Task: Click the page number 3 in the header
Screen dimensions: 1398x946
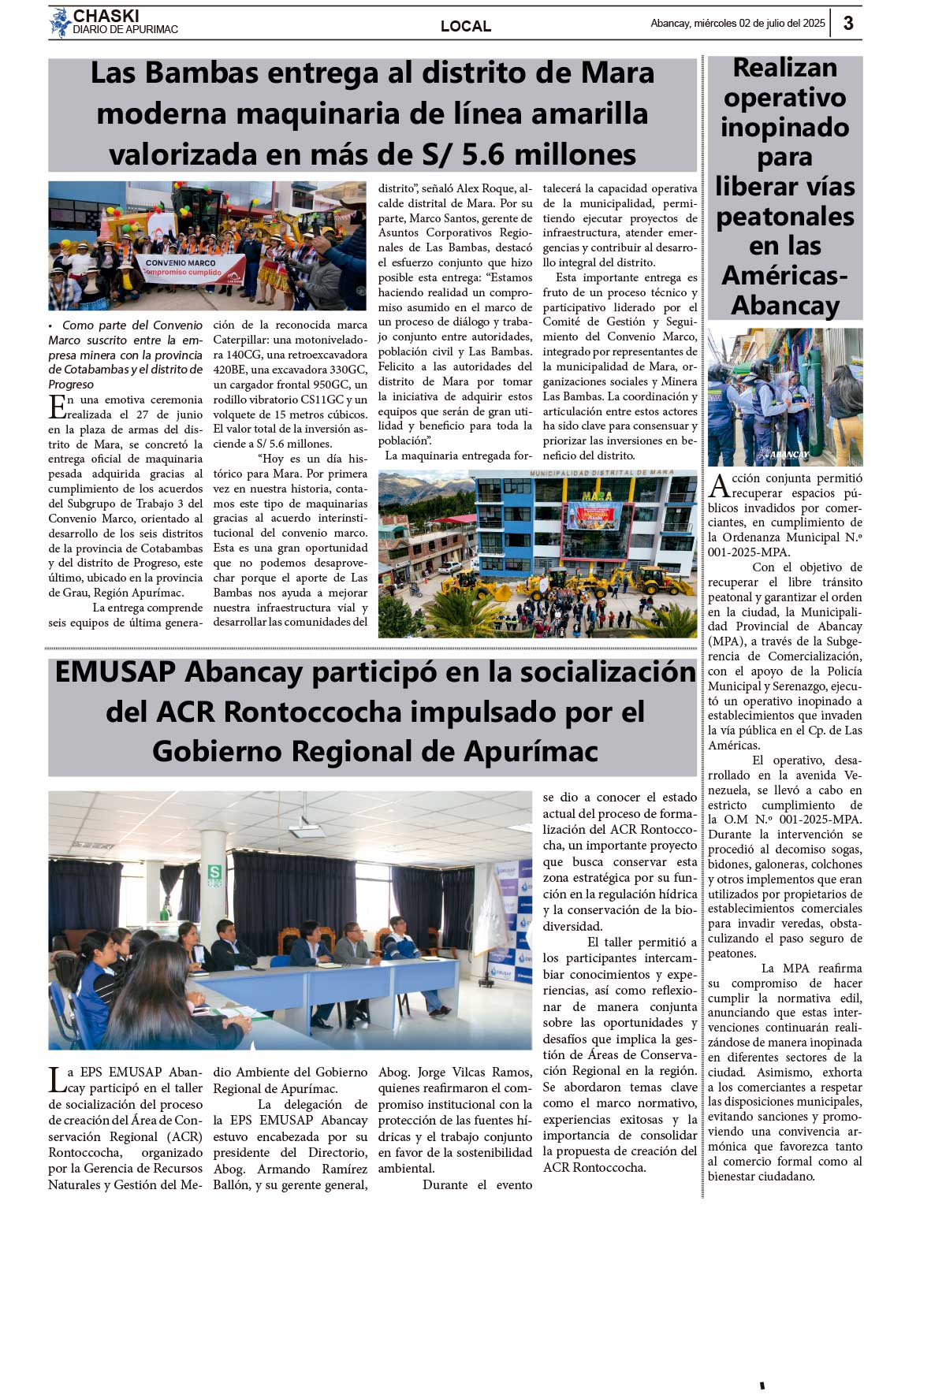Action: (x=848, y=23)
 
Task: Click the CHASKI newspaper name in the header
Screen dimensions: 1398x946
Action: (x=106, y=16)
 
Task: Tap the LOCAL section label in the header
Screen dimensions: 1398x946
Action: (x=465, y=26)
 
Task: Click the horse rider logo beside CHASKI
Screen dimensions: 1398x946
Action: (x=60, y=23)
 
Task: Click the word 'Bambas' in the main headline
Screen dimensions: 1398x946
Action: (x=202, y=73)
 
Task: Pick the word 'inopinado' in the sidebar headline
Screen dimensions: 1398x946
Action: (x=784, y=127)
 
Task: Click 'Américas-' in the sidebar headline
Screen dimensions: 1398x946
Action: (x=784, y=275)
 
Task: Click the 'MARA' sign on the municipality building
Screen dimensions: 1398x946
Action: (x=597, y=496)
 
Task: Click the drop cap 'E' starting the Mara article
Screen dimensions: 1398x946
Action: (x=57, y=407)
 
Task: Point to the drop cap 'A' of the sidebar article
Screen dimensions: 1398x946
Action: (x=718, y=485)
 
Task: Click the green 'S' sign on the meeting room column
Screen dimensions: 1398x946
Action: (x=214, y=872)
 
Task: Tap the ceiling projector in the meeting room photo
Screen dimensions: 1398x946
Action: (x=308, y=826)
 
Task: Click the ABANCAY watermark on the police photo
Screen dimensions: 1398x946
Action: (x=788, y=455)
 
